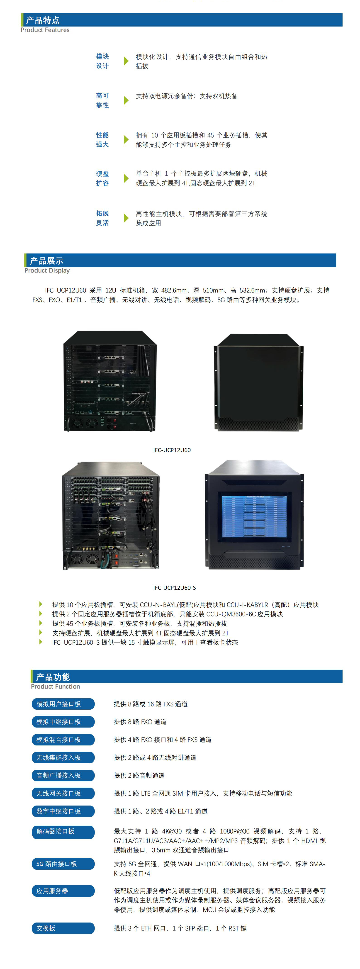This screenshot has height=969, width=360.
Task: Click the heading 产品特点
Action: pyautogui.click(x=43, y=20)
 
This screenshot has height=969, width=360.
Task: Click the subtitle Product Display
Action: pyautogui.click(x=47, y=270)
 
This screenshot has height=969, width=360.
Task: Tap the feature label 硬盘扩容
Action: pyautogui.click(x=102, y=178)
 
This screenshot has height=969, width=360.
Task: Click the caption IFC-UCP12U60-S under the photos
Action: pyautogui.click(x=174, y=588)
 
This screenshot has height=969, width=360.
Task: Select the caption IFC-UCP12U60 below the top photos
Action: pyautogui.click(x=172, y=450)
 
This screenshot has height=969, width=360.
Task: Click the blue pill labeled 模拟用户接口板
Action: pyautogui.click(x=63, y=704)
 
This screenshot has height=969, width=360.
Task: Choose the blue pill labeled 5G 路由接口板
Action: pyautogui.click(x=63, y=864)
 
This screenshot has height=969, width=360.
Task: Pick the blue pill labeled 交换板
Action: pyautogui.click(x=63, y=928)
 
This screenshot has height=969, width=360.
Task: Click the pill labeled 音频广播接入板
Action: pyautogui.click(x=63, y=775)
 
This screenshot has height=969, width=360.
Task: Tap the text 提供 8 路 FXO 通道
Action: pyautogui.click(x=140, y=721)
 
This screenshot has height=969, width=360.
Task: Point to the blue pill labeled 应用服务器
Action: pyautogui.click(x=63, y=891)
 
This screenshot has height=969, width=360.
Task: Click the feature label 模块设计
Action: pyautogui.click(x=102, y=61)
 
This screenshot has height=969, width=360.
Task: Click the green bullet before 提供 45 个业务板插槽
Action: pyautogui.click(x=41, y=623)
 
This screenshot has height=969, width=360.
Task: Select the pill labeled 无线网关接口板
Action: pyautogui.click(x=63, y=793)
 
